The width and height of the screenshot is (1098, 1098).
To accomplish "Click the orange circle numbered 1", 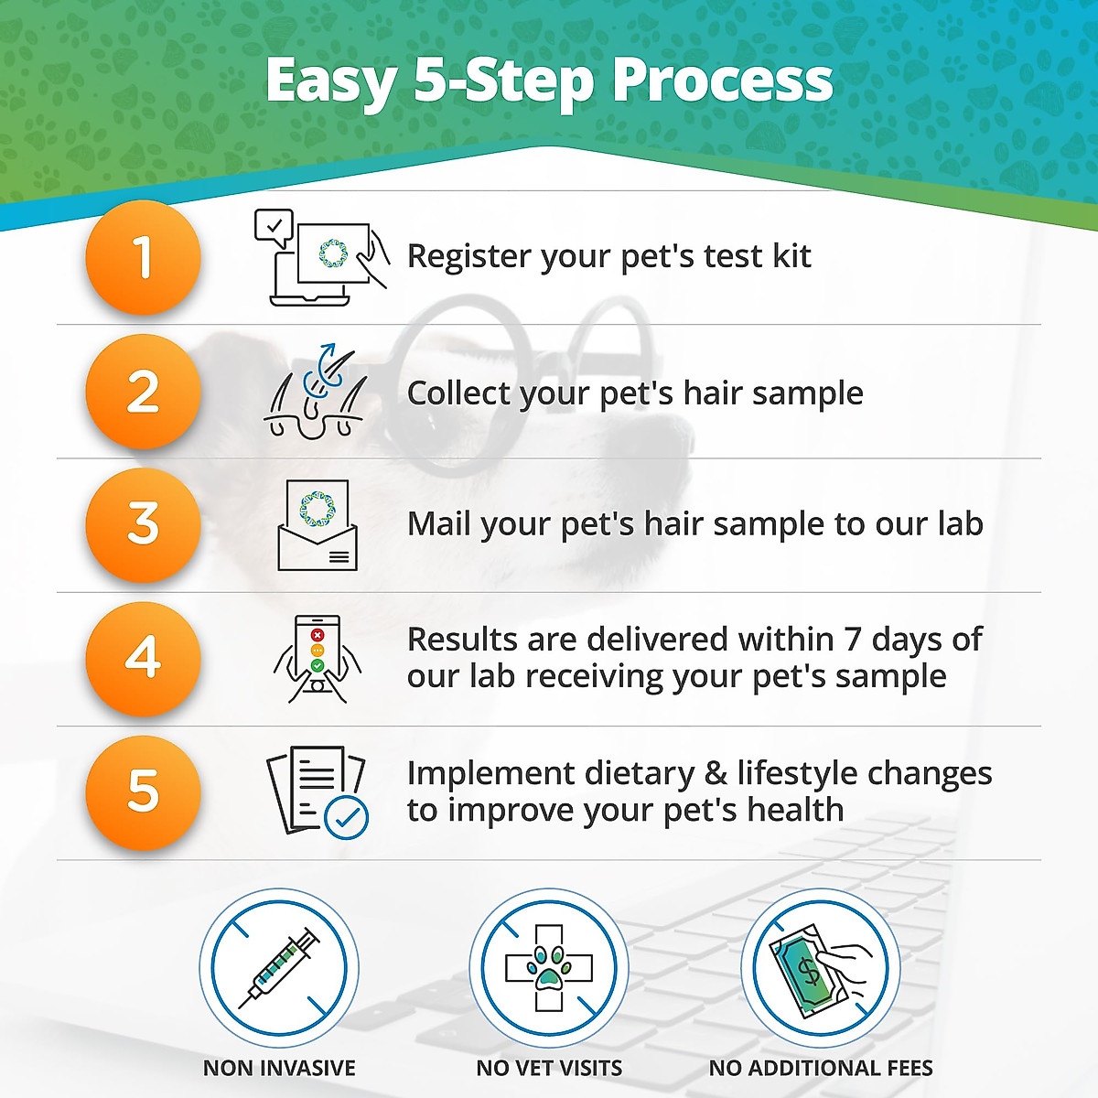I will pos(143,257).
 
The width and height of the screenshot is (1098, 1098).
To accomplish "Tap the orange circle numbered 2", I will pos(143,392).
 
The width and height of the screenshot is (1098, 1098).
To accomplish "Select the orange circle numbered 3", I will pos(143,525).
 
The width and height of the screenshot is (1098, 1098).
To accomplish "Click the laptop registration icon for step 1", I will pos(320,257).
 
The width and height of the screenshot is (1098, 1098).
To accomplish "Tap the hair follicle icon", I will pos(317,393).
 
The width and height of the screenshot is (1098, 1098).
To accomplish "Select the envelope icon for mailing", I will pos(318,525).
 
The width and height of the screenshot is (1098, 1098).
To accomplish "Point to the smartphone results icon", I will pos(318,659).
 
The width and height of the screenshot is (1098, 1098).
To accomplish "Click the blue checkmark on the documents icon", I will pos(347,818).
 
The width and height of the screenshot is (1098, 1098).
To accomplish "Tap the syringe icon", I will pos(279,968).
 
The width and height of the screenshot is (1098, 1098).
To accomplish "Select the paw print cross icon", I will pos(549,968).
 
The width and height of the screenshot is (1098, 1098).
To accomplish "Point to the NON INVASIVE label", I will pos(279,1068).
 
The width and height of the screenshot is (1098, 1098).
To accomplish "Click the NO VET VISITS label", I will pos(549,1068).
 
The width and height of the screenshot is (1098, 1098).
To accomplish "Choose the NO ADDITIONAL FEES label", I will pos(821,1068).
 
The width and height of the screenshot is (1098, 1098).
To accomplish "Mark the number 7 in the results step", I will pos(853,639).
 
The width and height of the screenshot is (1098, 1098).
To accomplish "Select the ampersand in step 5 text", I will pos(716,774).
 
